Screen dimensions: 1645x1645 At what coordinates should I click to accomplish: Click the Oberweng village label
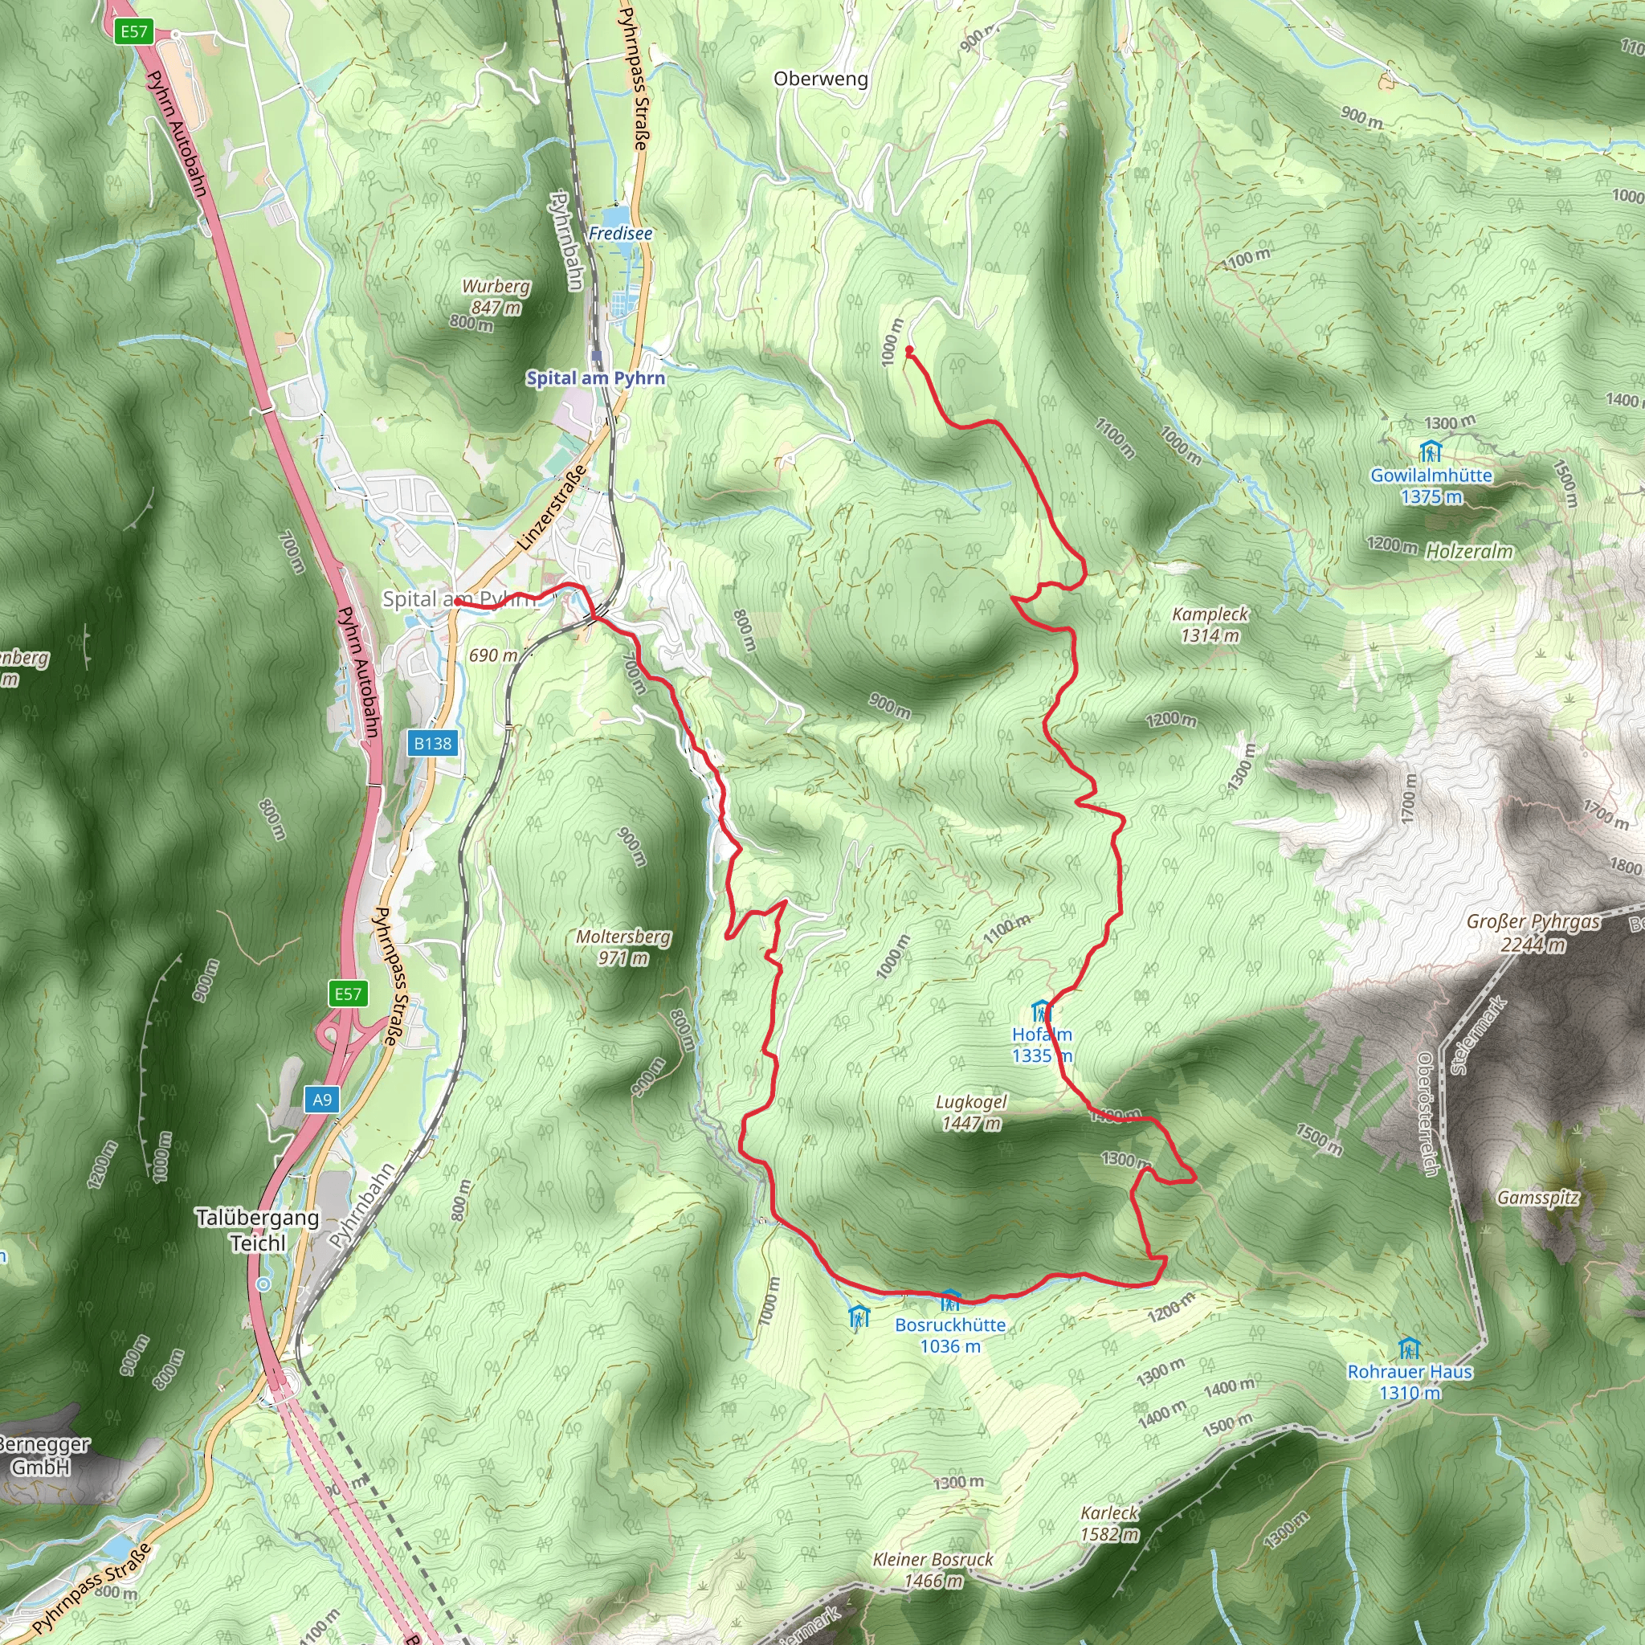(x=821, y=80)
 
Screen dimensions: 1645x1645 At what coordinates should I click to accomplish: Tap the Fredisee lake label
(x=620, y=233)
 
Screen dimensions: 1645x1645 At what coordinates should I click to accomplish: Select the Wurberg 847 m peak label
(x=496, y=296)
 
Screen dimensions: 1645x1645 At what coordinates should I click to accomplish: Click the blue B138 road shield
(x=433, y=743)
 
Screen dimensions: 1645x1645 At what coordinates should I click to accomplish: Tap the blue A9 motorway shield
(x=322, y=1100)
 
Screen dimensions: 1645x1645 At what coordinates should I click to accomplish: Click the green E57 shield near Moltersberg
(x=347, y=994)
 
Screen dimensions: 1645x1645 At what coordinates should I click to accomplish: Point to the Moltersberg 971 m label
(x=623, y=947)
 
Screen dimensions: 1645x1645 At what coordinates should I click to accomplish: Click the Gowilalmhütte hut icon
(x=1431, y=451)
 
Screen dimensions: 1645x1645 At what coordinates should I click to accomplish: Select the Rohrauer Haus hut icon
(x=1409, y=1349)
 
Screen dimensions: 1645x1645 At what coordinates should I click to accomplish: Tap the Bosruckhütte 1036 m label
(x=950, y=1335)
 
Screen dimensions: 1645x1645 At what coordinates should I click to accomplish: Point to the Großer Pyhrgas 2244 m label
(x=1533, y=933)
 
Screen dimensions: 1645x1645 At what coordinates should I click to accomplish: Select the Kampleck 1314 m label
(x=1210, y=624)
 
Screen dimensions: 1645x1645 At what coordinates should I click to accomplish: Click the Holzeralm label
(x=1470, y=551)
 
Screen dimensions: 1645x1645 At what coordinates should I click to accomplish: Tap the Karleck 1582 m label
(x=1108, y=1523)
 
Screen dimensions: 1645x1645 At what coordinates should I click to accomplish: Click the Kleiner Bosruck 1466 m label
(x=933, y=1570)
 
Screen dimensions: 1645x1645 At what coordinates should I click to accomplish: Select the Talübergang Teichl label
(x=257, y=1230)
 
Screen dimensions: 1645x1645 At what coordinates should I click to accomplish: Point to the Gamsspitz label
(x=1537, y=1198)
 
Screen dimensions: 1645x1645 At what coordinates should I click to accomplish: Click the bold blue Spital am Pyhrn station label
(x=595, y=378)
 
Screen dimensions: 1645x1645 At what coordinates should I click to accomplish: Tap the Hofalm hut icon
(x=1041, y=1012)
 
